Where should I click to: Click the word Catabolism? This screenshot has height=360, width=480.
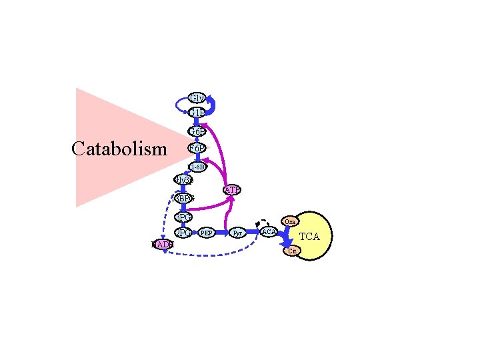tap(119, 148)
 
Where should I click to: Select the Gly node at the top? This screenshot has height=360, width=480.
tap(197, 99)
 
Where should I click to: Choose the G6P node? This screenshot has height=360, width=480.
tap(197, 131)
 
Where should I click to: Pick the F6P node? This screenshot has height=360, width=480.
tap(197, 147)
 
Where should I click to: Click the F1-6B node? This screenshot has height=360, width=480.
tap(197, 167)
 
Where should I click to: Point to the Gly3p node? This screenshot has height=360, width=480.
tap(183, 179)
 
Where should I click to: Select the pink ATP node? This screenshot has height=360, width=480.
tap(232, 190)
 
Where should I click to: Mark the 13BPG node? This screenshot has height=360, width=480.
tap(183, 199)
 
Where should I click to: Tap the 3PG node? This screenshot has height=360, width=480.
tap(183, 217)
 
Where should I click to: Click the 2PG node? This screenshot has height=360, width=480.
tap(183, 233)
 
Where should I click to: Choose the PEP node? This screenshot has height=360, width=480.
tap(207, 233)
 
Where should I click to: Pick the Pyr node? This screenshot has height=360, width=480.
tap(237, 233)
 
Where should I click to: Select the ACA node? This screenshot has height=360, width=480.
tap(269, 231)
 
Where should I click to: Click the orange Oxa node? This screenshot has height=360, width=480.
tap(291, 221)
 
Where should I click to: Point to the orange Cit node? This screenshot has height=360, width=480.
tap(292, 251)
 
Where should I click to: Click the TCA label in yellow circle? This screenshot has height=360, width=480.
tap(309, 236)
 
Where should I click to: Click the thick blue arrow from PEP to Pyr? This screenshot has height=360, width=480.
tap(222, 233)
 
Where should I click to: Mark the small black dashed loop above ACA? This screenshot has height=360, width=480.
tap(263, 221)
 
